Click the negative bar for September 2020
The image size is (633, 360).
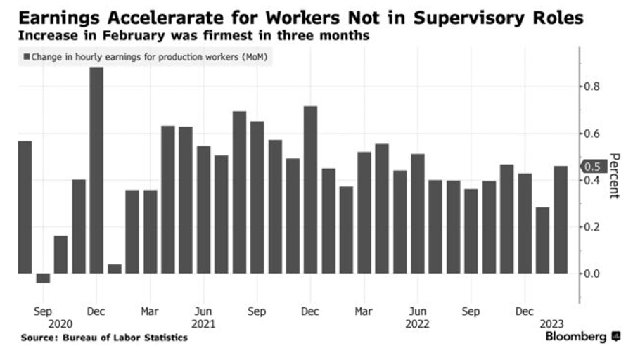pyautogui.click(x=43, y=278)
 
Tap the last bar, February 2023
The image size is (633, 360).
pyautogui.click(x=561, y=219)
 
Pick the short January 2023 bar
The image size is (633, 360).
pyautogui.click(x=542, y=240)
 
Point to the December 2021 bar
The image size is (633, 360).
pyautogui.click(x=310, y=190)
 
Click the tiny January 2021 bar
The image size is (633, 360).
pyautogui.click(x=115, y=269)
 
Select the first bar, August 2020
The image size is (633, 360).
pyautogui.click(x=25, y=207)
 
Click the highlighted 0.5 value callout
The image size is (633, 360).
pyautogui.click(x=593, y=167)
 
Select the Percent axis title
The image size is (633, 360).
pyautogui.click(x=613, y=176)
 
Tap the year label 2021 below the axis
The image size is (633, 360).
pyautogui.click(x=203, y=324)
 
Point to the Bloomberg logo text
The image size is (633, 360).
pyautogui.click(x=577, y=337)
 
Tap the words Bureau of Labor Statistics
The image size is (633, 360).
pyautogui.click(x=125, y=338)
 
